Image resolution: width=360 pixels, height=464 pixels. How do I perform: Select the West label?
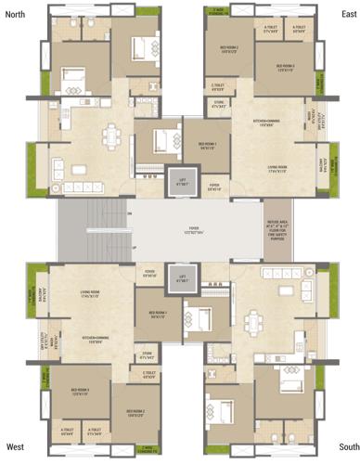16,446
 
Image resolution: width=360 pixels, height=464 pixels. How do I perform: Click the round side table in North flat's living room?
58,189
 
